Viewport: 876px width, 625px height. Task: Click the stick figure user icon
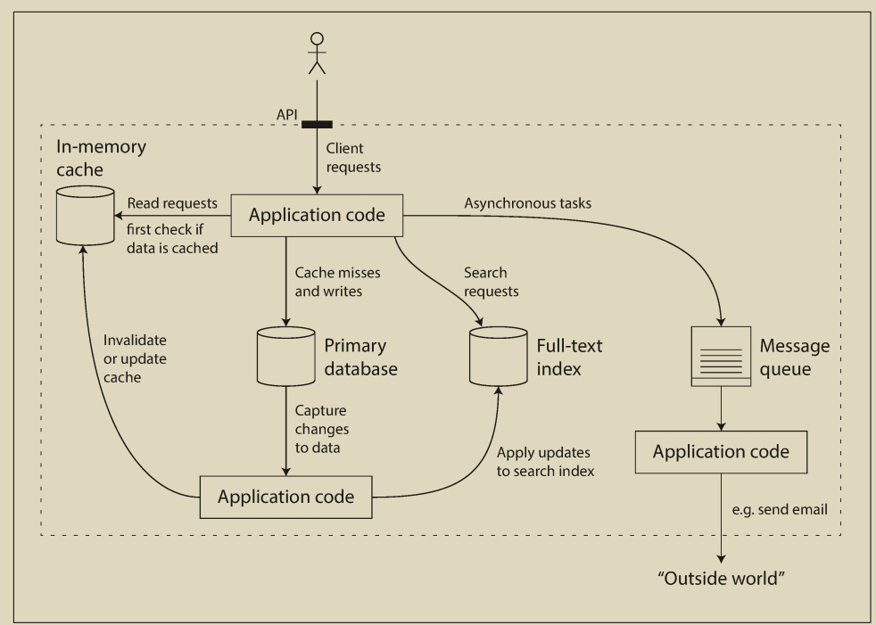[317, 53]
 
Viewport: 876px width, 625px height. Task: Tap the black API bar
[317, 124]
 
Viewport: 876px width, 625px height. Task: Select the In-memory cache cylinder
[85, 215]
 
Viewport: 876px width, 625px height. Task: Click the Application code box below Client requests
[317, 215]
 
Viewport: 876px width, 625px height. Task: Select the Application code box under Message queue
[721, 452]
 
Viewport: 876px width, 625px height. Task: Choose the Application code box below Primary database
[285, 497]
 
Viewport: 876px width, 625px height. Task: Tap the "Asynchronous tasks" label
[527, 203]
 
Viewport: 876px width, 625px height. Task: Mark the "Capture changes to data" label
[321, 427]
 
